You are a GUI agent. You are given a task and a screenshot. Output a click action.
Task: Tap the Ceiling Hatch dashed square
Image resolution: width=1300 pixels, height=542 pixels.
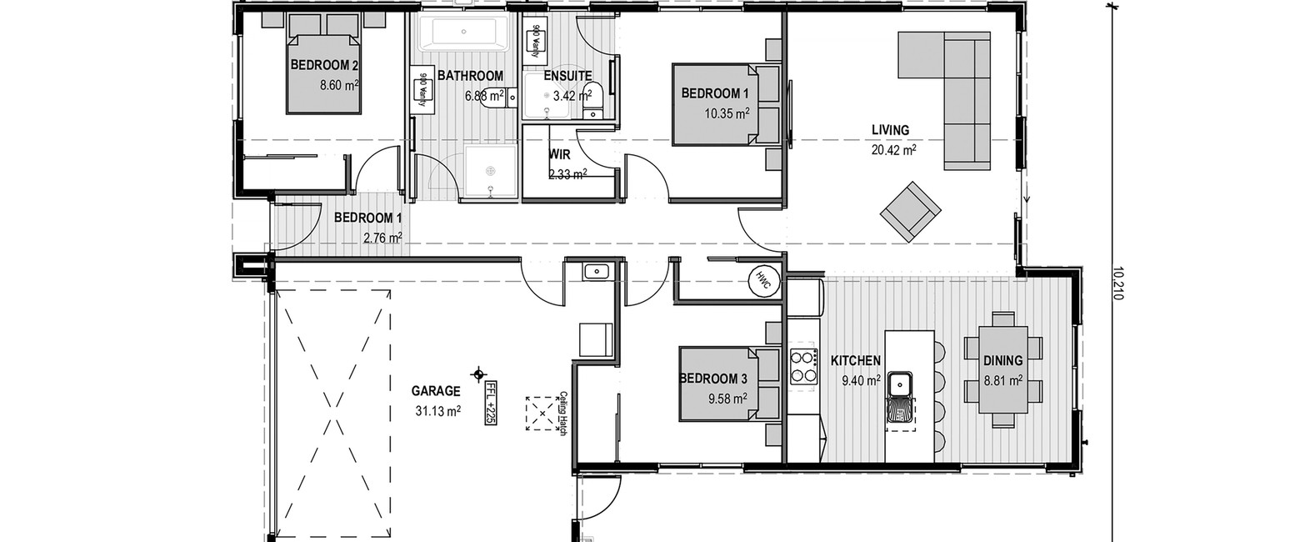(x=542, y=413)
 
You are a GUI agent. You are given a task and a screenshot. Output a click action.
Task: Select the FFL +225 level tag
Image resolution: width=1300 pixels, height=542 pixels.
(x=490, y=404)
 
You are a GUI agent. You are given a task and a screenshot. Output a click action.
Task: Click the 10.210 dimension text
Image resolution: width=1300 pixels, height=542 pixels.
(x=1117, y=284)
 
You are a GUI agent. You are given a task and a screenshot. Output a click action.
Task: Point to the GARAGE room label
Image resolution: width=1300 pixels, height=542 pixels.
(x=436, y=391)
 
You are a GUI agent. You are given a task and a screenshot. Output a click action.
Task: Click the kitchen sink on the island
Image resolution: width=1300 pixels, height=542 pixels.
(x=899, y=384)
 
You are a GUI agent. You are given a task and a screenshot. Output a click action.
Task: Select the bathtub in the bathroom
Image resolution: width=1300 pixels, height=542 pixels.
(x=463, y=32)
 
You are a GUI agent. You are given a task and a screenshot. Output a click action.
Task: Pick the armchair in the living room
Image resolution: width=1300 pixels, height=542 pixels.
(x=911, y=212)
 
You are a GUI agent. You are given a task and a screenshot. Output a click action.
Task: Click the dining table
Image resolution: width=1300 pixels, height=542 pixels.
(x=1002, y=369)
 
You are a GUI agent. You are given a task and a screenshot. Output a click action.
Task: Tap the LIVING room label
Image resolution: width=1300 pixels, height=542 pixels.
(x=890, y=130)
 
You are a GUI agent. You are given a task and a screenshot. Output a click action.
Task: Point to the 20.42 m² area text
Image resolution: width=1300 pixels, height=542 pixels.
(x=893, y=150)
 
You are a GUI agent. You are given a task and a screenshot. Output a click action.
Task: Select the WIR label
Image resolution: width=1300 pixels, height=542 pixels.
(x=559, y=154)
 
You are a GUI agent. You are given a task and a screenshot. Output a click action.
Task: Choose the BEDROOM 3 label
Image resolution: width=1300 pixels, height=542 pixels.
(x=713, y=379)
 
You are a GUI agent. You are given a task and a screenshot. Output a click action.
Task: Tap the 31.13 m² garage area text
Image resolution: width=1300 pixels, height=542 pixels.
(x=438, y=411)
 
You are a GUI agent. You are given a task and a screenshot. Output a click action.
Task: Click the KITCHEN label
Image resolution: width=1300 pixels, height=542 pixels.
(x=856, y=361)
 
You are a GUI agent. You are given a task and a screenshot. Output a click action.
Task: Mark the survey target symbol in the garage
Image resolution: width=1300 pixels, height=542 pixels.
(x=478, y=374)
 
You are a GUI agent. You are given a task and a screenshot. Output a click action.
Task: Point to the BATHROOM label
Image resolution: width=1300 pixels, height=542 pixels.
(x=470, y=76)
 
